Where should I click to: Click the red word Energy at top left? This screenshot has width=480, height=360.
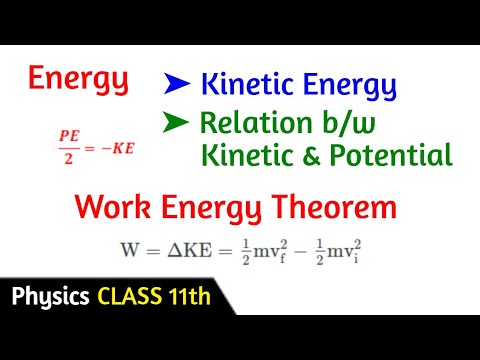[x=78, y=79]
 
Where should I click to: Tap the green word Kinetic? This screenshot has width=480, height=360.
[x=246, y=156]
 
